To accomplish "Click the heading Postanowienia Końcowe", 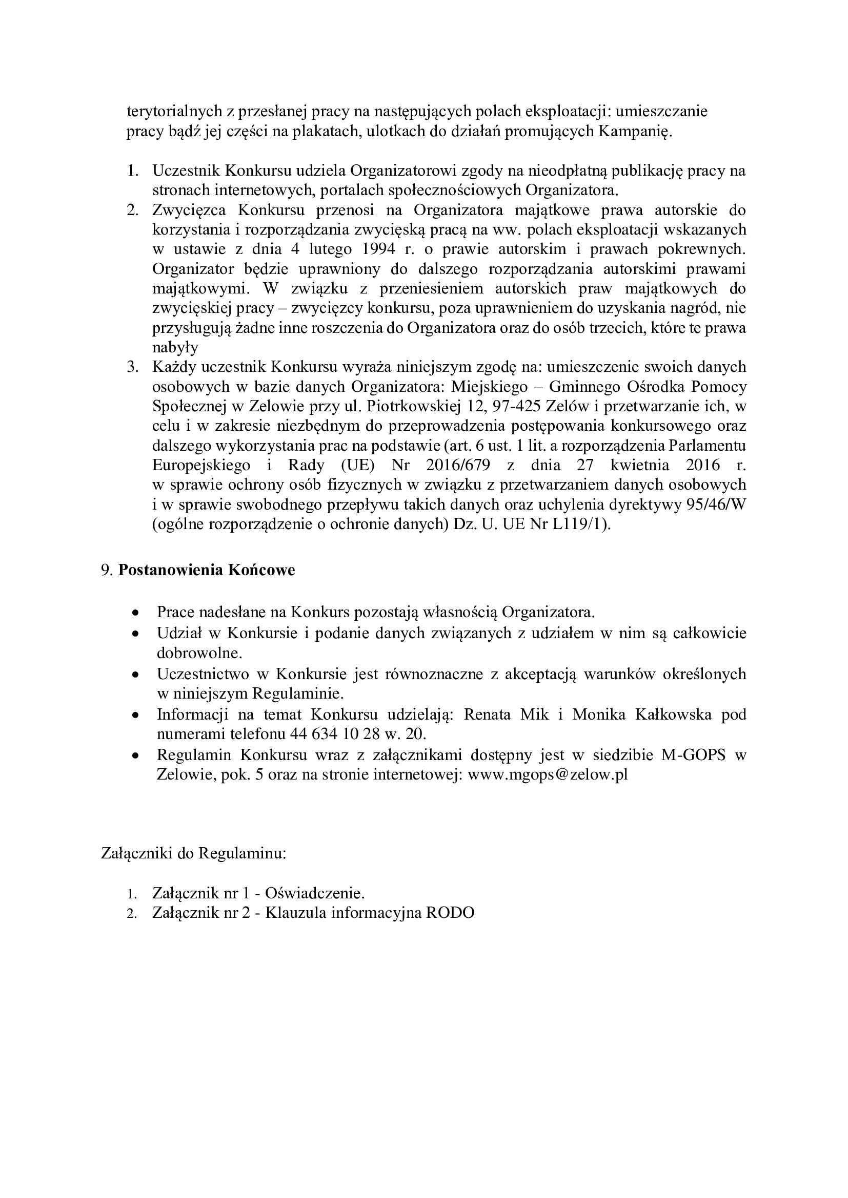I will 206,570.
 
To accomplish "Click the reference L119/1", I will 580,524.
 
